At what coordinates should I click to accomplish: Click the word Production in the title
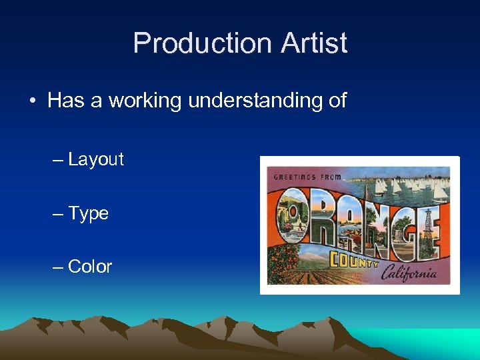[201, 43]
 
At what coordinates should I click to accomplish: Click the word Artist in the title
[314, 43]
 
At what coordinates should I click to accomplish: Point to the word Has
[64, 101]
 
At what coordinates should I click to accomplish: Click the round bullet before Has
[32, 101]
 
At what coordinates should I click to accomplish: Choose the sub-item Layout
[96, 159]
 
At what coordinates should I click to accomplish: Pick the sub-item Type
[88, 213]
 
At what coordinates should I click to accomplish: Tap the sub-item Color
[90, 267]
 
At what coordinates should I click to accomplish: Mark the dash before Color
[58, 267]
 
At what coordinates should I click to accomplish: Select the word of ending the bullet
[337, 101]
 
